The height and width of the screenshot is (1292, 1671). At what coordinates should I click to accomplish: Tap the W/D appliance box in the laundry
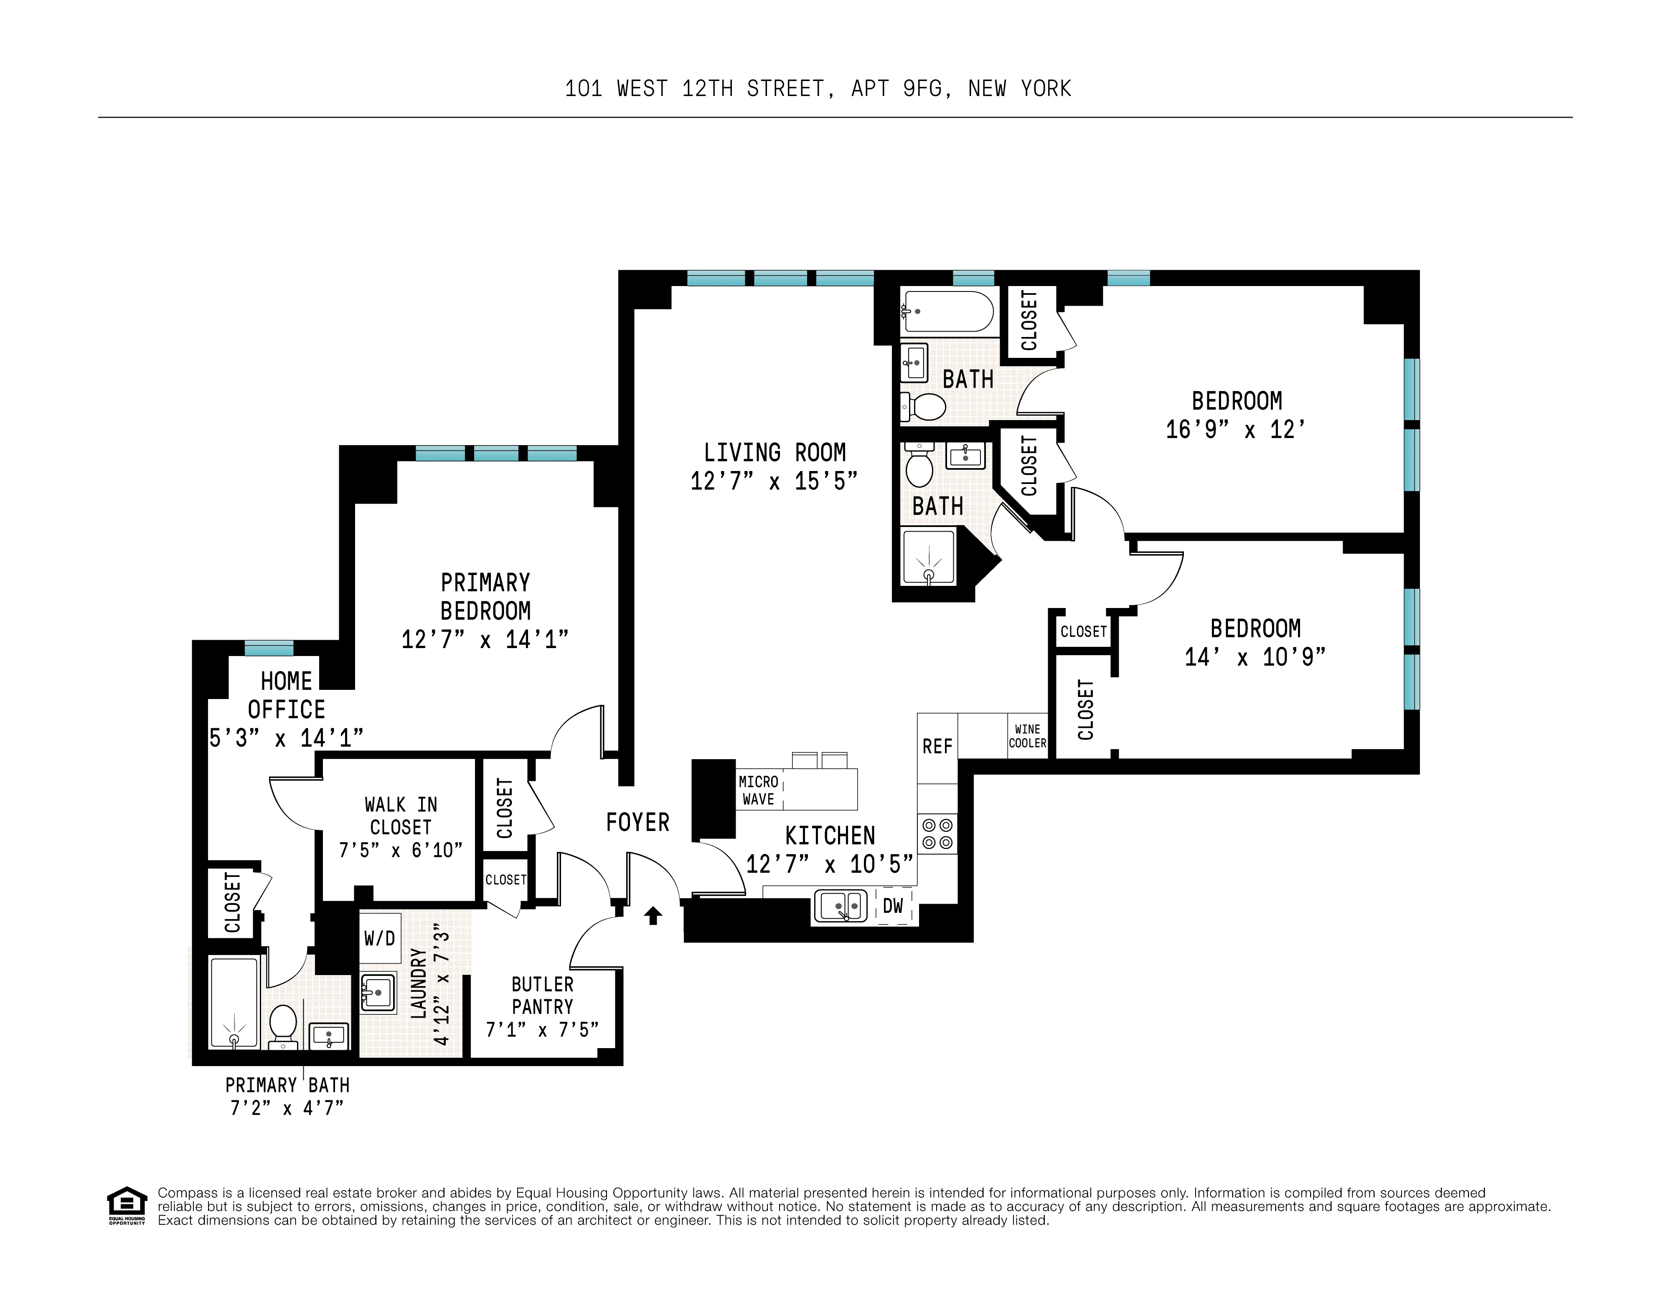(379, 938)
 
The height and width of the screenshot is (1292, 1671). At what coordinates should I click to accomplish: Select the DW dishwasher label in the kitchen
(893, 907)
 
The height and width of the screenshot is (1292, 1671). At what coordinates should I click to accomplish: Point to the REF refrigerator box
(937, 747)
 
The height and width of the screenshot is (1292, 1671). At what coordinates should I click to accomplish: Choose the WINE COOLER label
(1027, 736)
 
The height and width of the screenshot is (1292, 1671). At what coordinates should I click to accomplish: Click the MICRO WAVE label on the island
(758, 790)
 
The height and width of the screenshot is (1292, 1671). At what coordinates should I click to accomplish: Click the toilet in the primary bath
(283, 1025)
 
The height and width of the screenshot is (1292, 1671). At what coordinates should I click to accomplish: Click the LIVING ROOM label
(774, 453)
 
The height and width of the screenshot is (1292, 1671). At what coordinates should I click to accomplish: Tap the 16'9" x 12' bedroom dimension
(1235, 430)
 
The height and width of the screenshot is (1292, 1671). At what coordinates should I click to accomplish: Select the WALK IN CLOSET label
(401, 816)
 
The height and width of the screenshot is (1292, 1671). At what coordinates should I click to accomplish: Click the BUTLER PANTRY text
(543, 995)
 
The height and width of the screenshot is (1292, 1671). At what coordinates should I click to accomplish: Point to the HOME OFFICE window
(269, 648)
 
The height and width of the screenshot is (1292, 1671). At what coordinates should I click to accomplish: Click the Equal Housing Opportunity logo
(126, 1205)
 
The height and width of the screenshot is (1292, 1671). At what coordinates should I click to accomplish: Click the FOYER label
(637, 822)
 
